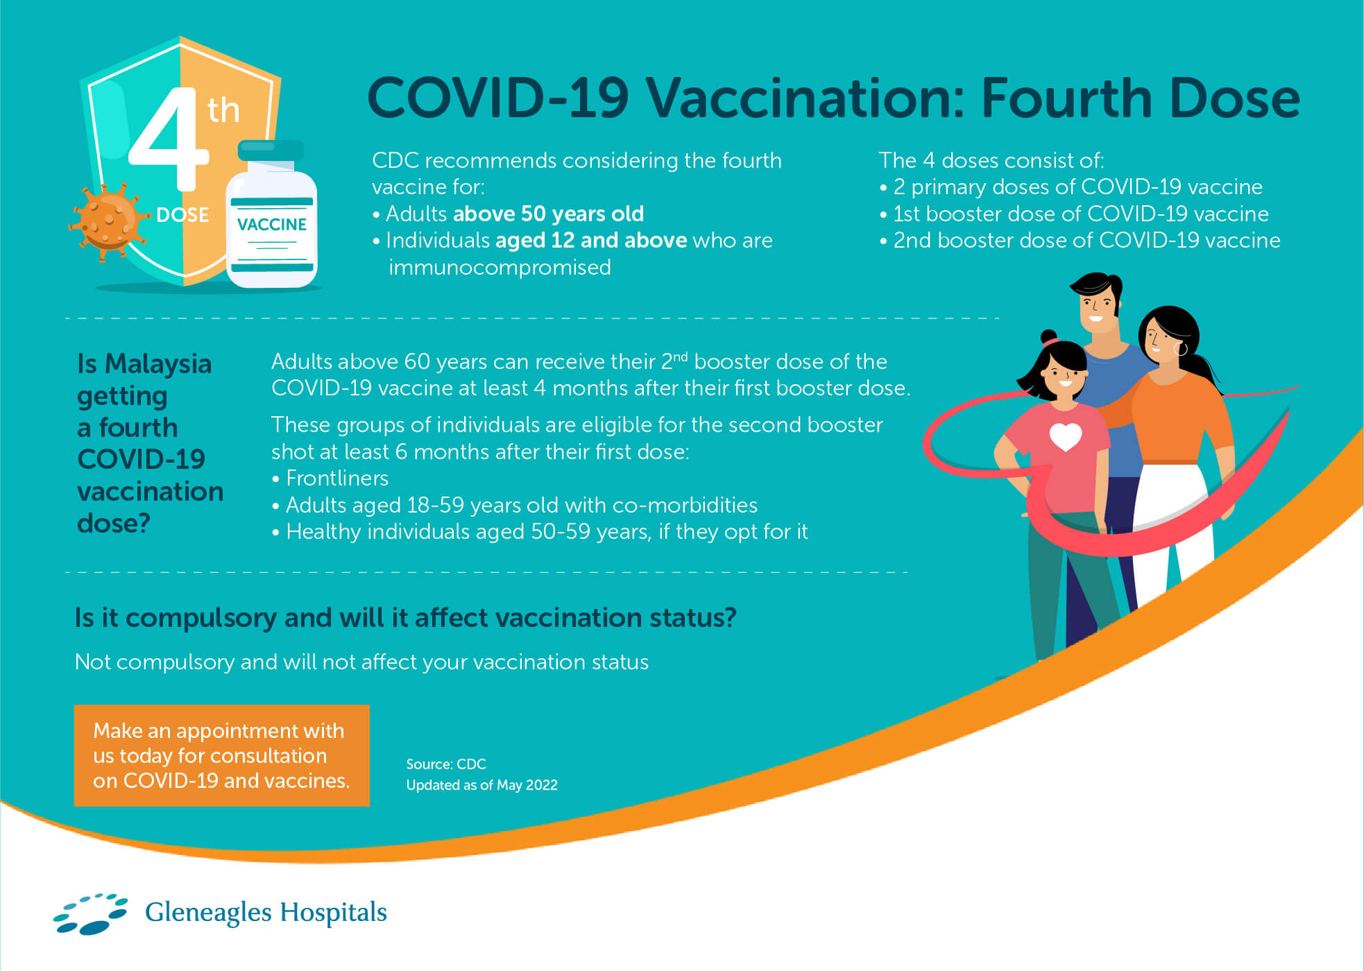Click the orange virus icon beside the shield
[108, 221]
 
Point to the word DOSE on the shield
[182, 215]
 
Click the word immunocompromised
[500, 268]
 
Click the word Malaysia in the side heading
[158, 364]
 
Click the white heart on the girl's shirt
[1066, 436]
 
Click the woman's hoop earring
[1181, 348]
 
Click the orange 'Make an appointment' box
[222, 756]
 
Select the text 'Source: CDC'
[446, 764]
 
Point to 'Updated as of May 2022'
[481, 785]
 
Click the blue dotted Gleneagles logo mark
[91, 913]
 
